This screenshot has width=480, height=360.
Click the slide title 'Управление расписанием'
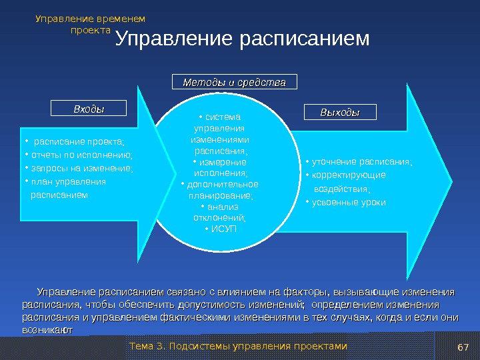point(242,39)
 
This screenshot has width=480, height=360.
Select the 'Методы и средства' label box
point(234,82)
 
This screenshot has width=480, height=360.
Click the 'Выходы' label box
point(339,113)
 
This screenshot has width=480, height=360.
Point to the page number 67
point(464,347)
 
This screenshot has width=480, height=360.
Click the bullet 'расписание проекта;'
point(79,141)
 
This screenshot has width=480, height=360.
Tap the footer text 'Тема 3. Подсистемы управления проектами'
point(238,346)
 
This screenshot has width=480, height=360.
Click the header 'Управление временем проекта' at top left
point(90,24)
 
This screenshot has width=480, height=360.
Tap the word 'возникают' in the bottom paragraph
point(47,329)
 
